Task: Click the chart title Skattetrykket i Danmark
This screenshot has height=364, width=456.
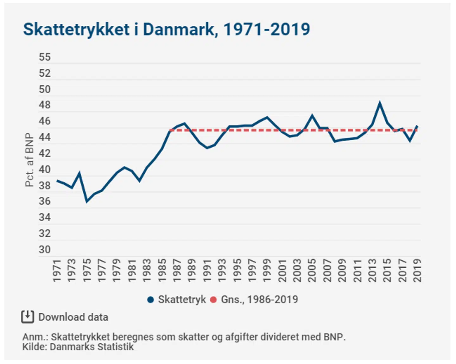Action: coord(166,29)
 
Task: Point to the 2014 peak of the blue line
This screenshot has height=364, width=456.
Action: coord(380,103)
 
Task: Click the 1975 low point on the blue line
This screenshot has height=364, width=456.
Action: coord(87,201)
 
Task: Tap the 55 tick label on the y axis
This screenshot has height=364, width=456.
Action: coord(45,57)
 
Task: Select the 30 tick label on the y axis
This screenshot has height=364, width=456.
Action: coord(45,250)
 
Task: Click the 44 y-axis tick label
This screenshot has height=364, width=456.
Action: coord(45,137)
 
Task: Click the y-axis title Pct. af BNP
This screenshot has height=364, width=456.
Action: coord(29,160)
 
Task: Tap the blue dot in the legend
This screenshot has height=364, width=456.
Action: coord(151,300)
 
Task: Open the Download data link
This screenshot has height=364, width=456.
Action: coord(73,317)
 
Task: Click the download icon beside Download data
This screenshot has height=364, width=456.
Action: coord(28,317)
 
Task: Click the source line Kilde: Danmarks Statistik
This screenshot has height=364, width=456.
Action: coord(78,347)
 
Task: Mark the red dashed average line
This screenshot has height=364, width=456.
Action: coord(285,130)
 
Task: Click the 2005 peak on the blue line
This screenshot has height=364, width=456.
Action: coord(312,116)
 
